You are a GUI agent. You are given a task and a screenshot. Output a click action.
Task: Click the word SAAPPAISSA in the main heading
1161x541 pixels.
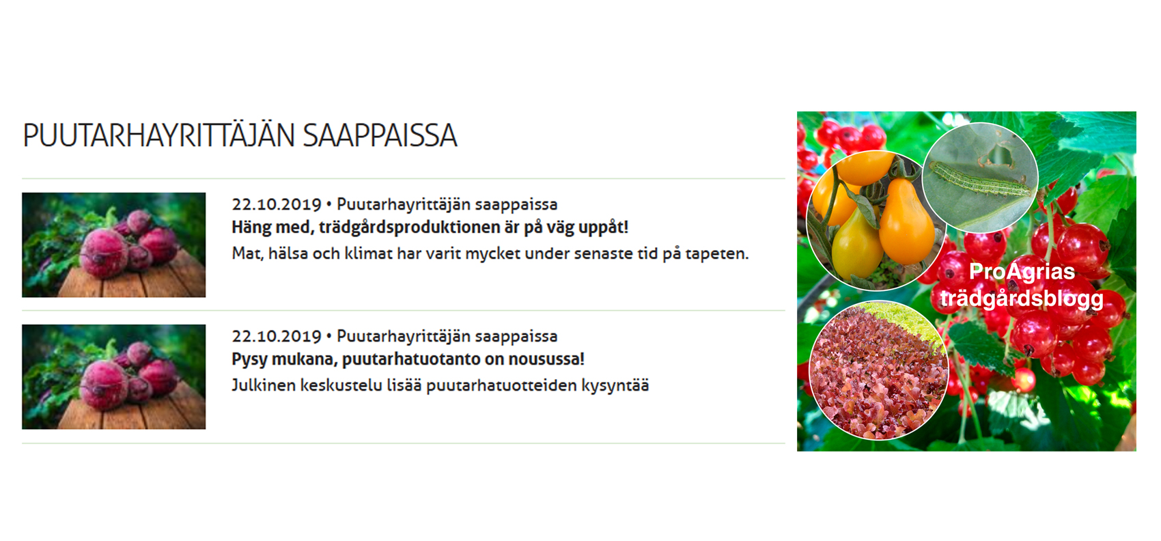[x=380, y=136]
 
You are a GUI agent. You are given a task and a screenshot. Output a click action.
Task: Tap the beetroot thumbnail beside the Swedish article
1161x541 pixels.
[x=113, y=245]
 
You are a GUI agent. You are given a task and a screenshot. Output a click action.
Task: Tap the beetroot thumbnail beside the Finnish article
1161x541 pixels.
[x=113, y=377]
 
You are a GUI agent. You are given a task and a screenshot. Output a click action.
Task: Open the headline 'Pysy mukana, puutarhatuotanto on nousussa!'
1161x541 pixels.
[x=408, y=359]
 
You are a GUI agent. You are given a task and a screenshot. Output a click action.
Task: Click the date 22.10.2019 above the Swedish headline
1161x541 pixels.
[x=277, y=205]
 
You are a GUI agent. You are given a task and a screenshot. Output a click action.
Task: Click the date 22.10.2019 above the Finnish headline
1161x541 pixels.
[x=277, y=336]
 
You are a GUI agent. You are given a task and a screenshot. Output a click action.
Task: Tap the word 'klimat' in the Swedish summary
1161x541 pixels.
[x=368, y=254]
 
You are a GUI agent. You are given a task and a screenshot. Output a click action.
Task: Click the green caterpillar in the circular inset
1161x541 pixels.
[x=980, y=179]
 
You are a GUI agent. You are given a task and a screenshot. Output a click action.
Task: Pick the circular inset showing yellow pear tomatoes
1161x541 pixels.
[x=876, y=220]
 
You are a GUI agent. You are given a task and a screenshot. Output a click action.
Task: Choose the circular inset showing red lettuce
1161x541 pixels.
[x=878, y=370]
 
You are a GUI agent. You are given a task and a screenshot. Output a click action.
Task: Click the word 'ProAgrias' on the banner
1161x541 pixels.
[x=1022, y=272]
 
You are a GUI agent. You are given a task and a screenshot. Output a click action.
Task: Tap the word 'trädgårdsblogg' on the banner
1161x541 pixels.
[x=1022, y=299]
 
